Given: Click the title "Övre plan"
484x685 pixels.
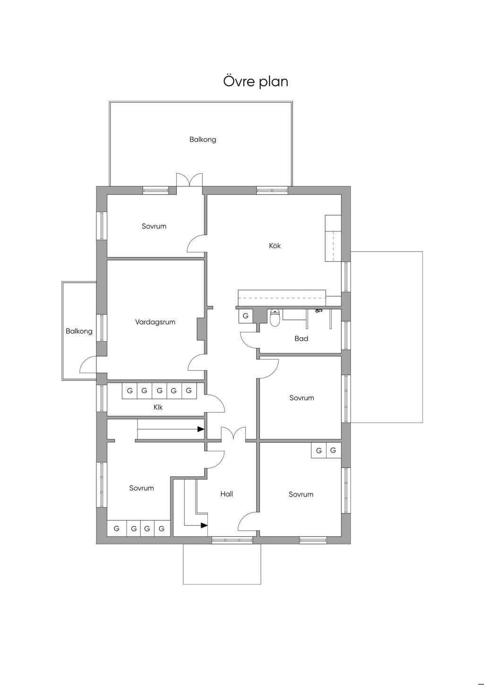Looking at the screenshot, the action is [255, 82].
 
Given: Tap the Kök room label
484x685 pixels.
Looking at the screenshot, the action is [275, 246].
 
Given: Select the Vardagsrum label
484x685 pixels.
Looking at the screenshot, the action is [155, 322].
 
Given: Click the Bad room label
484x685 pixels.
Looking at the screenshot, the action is [301, 339].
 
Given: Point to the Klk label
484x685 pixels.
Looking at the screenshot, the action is [158, 407].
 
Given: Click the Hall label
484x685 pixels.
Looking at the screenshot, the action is [227, 494].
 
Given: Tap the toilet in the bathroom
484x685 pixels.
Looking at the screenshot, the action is [275, 318].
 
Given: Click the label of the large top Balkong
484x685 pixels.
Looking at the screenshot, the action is [203, 140].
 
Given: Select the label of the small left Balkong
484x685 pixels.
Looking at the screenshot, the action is [79, 331].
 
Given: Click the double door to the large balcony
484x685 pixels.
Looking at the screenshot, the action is [190, 180].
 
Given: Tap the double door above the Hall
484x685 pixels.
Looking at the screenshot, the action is [233, 434].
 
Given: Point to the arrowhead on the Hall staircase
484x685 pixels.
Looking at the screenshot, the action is [204, 526].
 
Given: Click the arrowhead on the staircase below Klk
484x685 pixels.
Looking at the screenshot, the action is [201, 430].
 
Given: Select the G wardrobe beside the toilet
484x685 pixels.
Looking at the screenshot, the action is [245, 316].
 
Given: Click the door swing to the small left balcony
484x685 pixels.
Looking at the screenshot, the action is [88, 365].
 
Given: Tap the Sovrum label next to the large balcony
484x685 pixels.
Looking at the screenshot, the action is [154, 226].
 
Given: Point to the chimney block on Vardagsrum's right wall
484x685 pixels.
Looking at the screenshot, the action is [201, 329].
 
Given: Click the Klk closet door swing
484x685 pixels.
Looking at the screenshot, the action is [216, 403].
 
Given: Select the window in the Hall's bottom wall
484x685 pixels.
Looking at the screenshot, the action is [232, 541].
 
